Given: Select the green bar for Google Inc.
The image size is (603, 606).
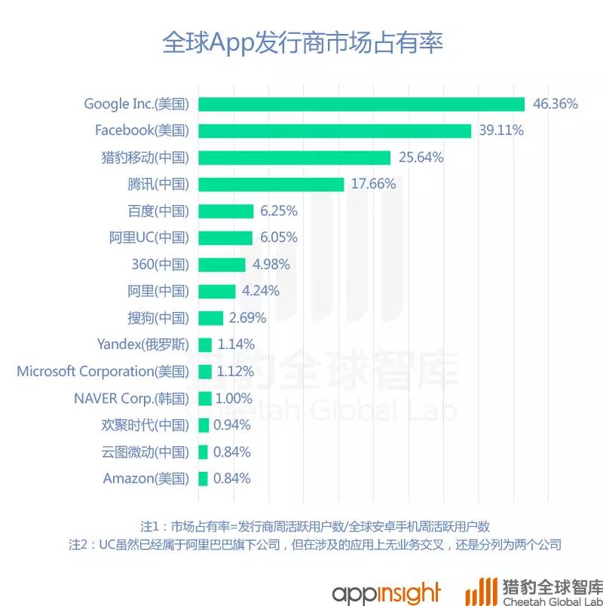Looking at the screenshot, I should coord(361,104).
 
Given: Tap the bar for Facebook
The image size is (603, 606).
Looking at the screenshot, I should coord(335,130).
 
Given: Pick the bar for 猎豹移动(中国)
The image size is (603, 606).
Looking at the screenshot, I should coord(294,158).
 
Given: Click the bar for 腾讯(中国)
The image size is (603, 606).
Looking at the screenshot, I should coord(271,184).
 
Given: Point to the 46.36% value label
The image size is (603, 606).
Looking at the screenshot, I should coord(556,104).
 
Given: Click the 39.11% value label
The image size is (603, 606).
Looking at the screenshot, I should coord(501,130).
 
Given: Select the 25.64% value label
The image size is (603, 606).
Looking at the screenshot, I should coord(421,158).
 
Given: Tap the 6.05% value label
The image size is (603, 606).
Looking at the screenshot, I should coord(279,237).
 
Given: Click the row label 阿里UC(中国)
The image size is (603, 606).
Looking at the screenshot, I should coord(148,237).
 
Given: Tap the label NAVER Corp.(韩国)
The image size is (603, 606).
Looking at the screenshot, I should coord(132,398).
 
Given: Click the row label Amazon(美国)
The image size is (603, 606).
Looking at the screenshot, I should coord(145,478).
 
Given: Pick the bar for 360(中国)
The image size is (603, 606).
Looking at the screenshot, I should coord(222,265).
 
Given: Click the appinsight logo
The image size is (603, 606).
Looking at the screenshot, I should coord(386,588).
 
